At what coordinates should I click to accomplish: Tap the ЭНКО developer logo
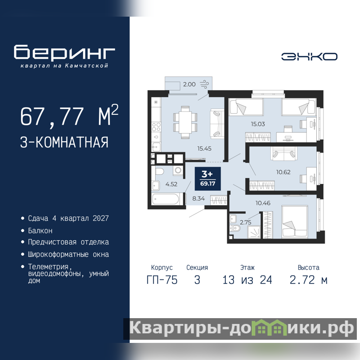coord(309,57)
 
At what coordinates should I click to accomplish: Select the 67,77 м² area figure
coord(69,116)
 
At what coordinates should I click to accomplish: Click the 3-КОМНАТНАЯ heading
coord(64,142)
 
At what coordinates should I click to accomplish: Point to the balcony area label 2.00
coord(189,84)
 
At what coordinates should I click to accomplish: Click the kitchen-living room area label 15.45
coord(204,148)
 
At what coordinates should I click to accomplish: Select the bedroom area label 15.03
coord(258,124)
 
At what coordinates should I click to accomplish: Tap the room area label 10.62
coord(283,172)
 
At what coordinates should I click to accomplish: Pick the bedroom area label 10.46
coord(263,203)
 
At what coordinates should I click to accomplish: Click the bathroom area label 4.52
coord(171,184)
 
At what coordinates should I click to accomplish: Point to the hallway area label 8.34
coord(198,198)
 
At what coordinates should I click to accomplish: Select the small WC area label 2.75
coord(245,222)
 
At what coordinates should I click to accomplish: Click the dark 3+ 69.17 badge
coord(207,179)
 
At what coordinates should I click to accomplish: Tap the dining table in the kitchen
coord(185,122)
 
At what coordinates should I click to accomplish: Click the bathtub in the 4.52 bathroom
coord(166,199)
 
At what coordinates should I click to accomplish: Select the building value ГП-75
coord(162,280)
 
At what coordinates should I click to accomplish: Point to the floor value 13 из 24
coord(247,280)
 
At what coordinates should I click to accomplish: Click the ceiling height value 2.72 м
coord(308,280)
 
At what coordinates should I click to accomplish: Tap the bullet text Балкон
coord(40,230)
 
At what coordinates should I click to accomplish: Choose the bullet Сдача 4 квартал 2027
coord(68,218)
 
